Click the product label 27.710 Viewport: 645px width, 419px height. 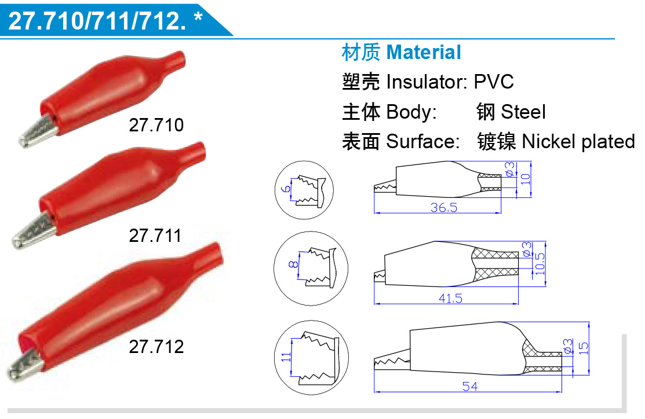point(156,125)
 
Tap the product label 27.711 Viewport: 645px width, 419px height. point(155,236)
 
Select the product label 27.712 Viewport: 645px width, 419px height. point(156,347)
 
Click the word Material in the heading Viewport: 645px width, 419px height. point(424,53)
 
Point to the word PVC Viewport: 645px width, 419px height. point(494,82)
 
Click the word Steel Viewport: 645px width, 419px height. point(523,112)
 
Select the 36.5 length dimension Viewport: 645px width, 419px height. point(444,207)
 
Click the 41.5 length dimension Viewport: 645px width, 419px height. point(450,298)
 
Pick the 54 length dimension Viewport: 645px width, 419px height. point(470,386)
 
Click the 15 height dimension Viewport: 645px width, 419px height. point(584,348)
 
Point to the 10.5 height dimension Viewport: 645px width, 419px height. point(540,264)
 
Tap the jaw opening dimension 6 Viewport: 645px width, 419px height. point(286,189)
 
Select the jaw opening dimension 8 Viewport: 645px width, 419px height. point(293,264)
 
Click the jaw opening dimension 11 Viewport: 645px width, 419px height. point(286,357)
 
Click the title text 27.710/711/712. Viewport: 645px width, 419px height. point(97,20)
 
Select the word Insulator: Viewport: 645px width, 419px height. point(427,82)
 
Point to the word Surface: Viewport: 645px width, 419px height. point(423,141)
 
